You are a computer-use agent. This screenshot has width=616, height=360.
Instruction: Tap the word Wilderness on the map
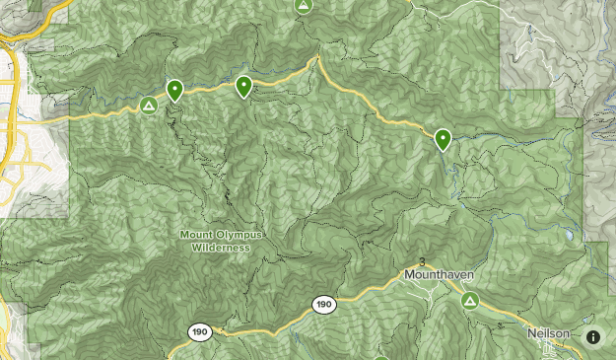click(x=221, y=248)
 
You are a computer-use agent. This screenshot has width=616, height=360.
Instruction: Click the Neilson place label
click(x=548, y=333)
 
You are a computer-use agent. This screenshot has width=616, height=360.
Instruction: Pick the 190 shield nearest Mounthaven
click(x=323, y=305)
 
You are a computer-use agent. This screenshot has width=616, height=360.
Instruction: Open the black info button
click(x=593, y=336)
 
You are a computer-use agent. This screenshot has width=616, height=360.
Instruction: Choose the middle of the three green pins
click(x=243, y=87)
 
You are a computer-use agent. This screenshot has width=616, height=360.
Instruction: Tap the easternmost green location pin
click(x=444, y=139)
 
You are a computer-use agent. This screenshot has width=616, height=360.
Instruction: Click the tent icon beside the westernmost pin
click(x=149, y=105)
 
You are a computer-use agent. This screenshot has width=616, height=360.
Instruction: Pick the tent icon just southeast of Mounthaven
click(x=470, y=300)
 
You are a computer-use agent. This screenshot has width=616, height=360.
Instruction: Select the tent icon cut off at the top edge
click(x=305, y=5)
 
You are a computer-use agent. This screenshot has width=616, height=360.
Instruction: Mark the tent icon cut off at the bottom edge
click(x=382, y=356)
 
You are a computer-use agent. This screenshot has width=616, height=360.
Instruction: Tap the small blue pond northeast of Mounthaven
click(x=570, y=238)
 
